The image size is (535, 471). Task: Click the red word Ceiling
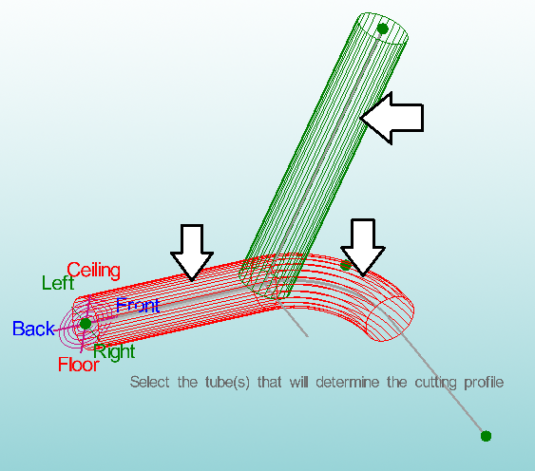tap(93, 271)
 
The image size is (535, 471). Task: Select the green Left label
tap(58, 283)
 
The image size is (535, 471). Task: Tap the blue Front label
tap(138, 305)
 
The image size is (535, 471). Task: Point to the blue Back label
tap(33, 329)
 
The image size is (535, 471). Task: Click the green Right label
tap(115, 351)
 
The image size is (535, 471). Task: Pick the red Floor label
tap(79, 365)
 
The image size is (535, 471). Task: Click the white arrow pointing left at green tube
tap(392, 118)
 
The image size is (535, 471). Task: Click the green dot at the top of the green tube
tap(383, 28)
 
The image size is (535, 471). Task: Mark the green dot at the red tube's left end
tap(86, 323)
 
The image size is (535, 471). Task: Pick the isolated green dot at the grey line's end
tap(486, 436)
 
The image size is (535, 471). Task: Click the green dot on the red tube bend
tap(345, 265)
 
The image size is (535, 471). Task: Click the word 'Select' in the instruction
tap(149, 382)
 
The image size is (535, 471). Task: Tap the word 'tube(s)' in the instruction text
tap(227, 383)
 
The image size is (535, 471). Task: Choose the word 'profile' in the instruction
tap(484, 383)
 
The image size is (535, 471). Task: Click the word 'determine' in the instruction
tap(348, 382)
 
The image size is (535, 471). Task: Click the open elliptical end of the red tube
tap(391, 318)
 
